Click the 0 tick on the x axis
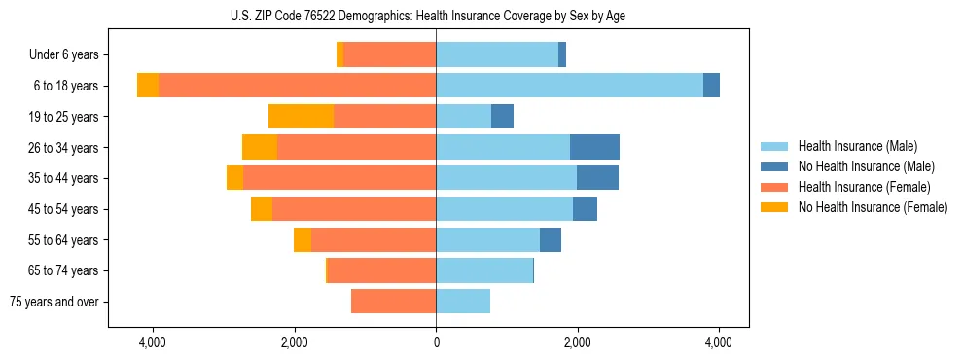(436, 343)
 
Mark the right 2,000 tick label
(577, 343)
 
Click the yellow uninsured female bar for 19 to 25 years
(301, 117)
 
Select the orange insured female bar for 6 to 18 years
(297, 86)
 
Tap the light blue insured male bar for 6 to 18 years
(569, 86)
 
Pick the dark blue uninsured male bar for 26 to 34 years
(594, 147)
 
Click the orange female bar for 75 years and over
(393, 302)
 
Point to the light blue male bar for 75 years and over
(463, 302)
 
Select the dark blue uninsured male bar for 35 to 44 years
(597, 178)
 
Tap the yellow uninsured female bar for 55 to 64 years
(303, 240)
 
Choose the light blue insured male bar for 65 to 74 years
(484, 270)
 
